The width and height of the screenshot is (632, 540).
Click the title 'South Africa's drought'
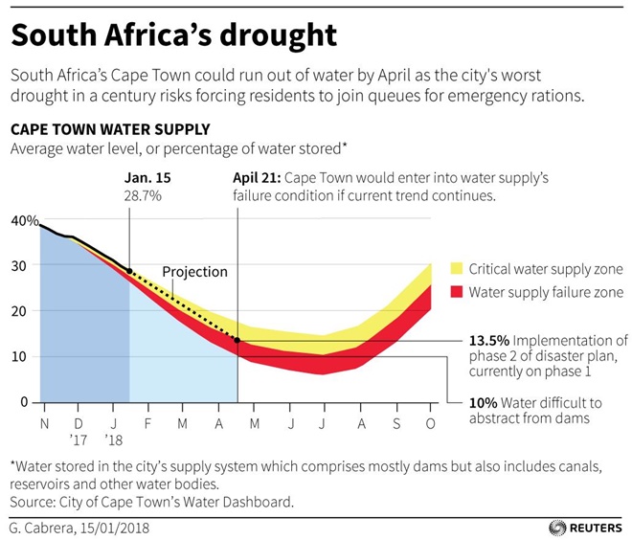click(173, 35)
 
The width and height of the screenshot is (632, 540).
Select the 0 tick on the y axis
click(24, 402)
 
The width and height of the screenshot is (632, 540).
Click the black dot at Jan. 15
click(129, 272)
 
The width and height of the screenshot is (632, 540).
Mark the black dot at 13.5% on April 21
click(237, 340)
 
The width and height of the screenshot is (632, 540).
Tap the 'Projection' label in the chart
click(194, 272)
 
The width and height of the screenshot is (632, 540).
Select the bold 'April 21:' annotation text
click(257, 178)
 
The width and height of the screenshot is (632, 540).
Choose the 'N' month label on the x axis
click(44, 421)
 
